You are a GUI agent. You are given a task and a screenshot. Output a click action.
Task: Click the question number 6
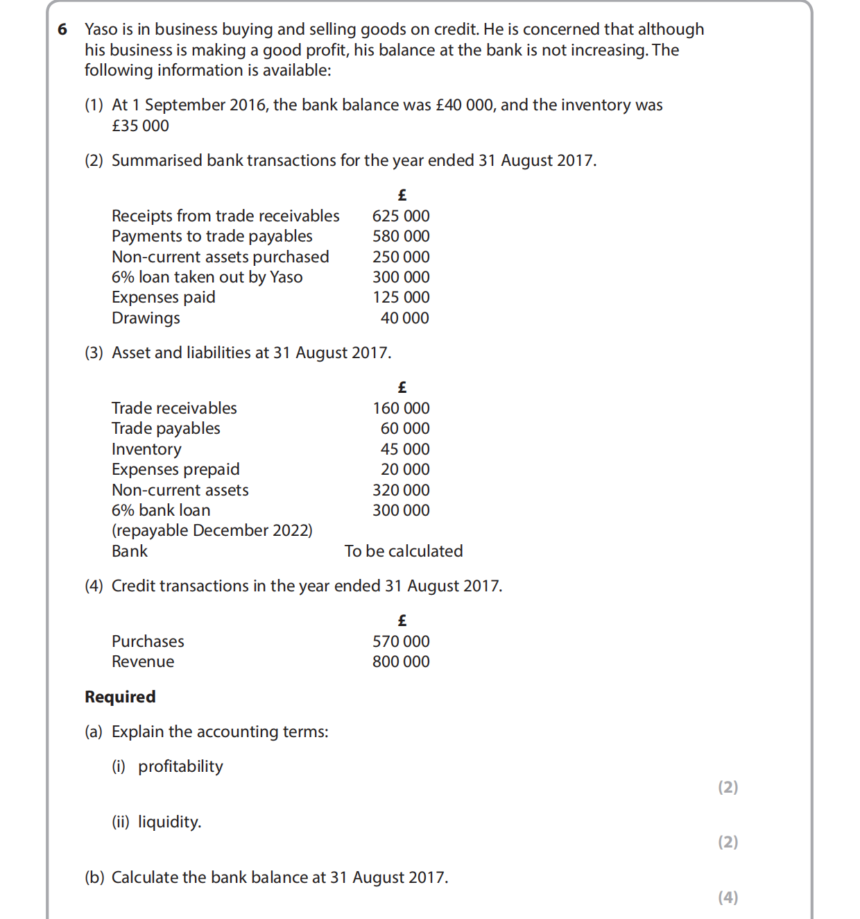click(63, 29)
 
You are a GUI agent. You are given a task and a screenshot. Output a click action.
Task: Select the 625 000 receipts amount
click(401, 216)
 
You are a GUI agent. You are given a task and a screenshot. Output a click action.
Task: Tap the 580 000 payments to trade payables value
click(401, 236)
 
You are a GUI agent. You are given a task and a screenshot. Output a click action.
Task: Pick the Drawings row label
click(146, 318)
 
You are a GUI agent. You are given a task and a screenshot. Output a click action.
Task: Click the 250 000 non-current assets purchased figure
click(401, 257)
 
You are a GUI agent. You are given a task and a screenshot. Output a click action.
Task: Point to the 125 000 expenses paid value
click(401, 297)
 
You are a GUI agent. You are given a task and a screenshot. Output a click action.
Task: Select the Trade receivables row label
click(174, 408)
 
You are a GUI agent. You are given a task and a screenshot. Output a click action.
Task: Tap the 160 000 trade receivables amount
click(401, 408)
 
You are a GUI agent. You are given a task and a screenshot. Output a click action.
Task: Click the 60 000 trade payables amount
click(405, 428)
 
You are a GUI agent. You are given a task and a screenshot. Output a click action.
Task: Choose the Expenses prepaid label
click(175, 469)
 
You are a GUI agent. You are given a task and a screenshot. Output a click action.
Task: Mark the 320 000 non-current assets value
click(401, 490)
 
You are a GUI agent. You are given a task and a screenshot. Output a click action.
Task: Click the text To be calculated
click(404, 551)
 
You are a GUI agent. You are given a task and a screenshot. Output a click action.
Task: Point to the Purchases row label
click(148, 641)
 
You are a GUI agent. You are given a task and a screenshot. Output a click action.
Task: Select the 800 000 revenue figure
click(401, 661)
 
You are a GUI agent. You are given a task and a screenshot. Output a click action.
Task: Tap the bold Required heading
click(120, 697)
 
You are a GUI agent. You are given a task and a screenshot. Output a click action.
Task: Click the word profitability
click(180, 766)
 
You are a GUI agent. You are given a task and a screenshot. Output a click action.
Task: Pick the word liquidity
click(169, 822)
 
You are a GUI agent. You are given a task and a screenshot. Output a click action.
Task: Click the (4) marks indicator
click(728, 897)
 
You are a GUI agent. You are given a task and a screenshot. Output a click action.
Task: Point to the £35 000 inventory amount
click(140, 126)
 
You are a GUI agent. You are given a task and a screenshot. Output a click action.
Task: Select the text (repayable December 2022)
click(212, 530)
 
